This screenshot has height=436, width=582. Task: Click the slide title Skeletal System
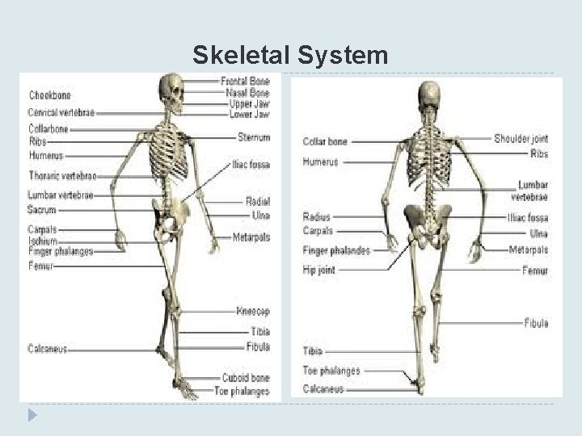290,56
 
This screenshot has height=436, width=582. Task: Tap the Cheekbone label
50,94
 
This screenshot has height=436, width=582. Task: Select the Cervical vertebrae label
61,112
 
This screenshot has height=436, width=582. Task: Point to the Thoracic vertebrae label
62,175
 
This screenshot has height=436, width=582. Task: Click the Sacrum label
42,209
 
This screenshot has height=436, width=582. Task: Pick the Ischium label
43,241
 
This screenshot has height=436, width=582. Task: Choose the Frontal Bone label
245,82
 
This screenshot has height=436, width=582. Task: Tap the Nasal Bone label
247,93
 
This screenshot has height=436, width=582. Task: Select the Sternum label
254,137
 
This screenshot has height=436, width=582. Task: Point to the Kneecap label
253,311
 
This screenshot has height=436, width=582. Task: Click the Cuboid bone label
246,378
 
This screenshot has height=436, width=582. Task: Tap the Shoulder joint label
521,139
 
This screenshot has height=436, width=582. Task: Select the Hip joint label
318,270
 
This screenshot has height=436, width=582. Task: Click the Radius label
316,216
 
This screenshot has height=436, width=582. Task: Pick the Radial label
258,202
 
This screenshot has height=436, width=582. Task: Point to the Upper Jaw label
249,103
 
